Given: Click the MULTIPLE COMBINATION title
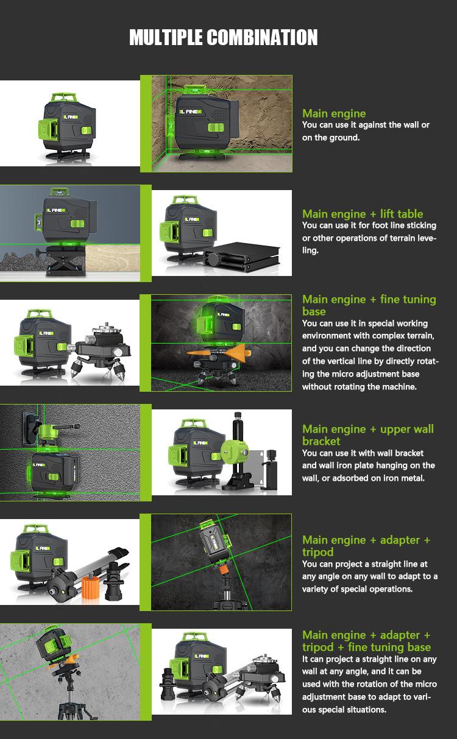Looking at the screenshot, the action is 224,37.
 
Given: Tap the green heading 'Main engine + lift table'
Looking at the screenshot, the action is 363,214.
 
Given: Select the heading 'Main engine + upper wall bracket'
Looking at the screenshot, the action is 368,435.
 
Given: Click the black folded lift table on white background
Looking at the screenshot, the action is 243,256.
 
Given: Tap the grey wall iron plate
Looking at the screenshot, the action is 257,468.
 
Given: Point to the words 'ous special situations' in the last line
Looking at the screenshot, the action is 344,710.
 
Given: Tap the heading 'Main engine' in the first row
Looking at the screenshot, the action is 334,113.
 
